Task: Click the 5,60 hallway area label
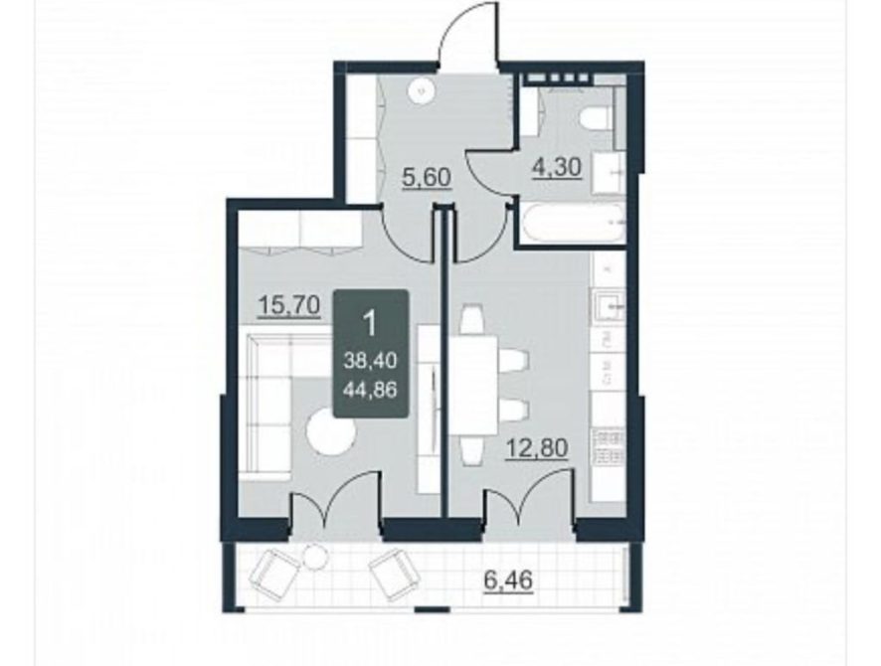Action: coord(427,178)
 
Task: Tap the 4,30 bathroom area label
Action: coord(556,167)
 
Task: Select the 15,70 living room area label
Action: coord(288,306)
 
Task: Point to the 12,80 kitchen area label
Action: coord(537,448)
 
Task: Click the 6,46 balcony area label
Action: coord(508,581)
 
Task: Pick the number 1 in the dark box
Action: coord(370,323)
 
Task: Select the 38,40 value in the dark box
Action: coord(371,361)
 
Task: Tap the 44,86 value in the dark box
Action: coord(371,389)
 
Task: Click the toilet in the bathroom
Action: coord(595,119)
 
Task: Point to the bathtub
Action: coord(571,223)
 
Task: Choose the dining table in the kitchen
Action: coord(473,386)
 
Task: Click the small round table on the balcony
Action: coord(315,558)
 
